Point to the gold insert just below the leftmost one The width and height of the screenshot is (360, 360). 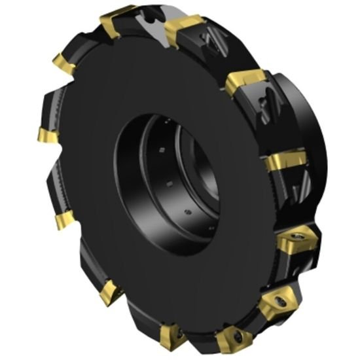point(63,221)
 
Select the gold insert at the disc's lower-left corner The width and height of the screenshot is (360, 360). point(109,295)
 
